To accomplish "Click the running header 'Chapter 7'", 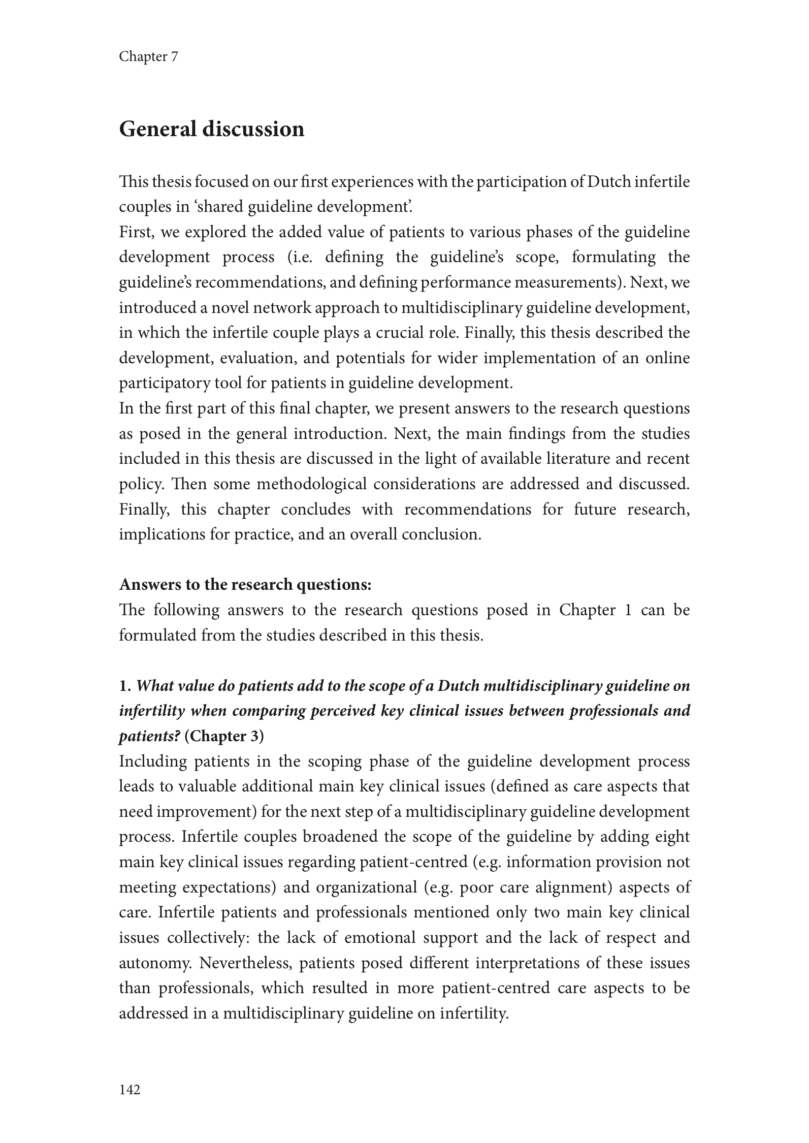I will pyautogui.click(x=148, y=56).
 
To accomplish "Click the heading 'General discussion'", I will pyautogui.click(x=211, y=129).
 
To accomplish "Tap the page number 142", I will pyautogui.click(x=130, y=1089).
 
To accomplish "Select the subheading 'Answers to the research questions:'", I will pyautogui.click(x=245, y=585).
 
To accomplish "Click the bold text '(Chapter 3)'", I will pyautogui.click(x=224, y=736).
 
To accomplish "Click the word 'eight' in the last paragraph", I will pyautogui.click(x=672, y=837).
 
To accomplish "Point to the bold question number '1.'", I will pyautogui.click(x=125, y=686).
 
